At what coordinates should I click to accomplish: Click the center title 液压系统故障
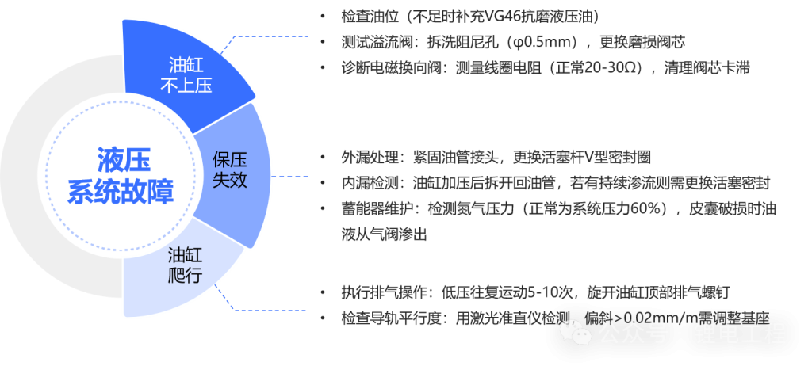click(121, 176)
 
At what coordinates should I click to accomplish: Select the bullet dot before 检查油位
click(322, 17)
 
